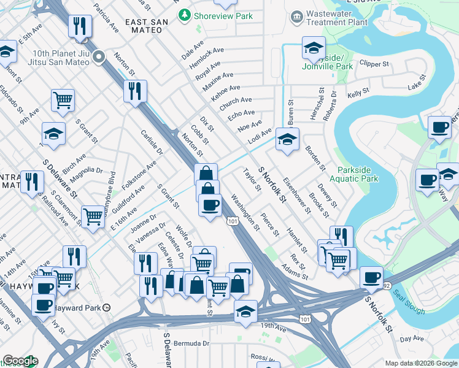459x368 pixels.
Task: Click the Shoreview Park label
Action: (215, 14)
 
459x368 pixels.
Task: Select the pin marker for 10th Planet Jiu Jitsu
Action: (100, 57)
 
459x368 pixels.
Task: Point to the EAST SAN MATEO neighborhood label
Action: (147, 22)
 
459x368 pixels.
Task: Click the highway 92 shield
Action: (387, 285)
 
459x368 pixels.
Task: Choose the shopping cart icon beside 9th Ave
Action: (63, 99)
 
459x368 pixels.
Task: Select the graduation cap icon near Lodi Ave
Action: (287, 139)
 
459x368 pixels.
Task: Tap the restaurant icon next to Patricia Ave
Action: (80, 26)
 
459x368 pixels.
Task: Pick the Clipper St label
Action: (374, 63)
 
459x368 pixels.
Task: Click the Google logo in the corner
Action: (20, 361)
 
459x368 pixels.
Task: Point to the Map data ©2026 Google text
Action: (420, 363)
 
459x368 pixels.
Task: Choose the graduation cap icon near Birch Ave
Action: (53, 134)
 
